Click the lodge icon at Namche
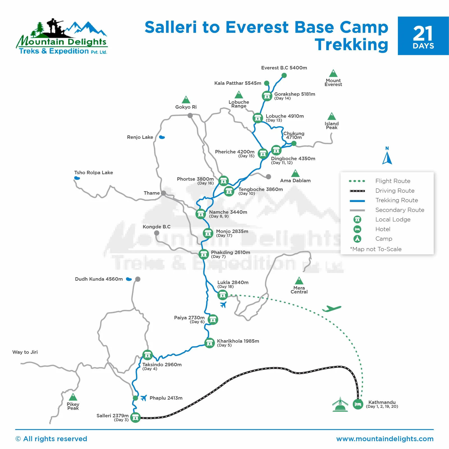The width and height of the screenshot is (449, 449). pyautogui.click(x=201, y=214)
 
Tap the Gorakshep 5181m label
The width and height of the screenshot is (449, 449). pyautogui.click(x=294, y=94)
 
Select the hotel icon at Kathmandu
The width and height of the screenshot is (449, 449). pyautogui.click(x=358, y=404)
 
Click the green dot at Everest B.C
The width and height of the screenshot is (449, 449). pyautogui.click(x=284, y=75)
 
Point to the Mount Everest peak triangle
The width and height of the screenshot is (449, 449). pyautogui.click(x=333, y=74)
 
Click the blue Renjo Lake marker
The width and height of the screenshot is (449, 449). pyautogui.click(x=162, y=137)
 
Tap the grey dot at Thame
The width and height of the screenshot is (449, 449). pyautogui.click(x=163, y=193)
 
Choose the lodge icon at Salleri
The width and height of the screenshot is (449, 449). pyautogui.click(x=136, y=418)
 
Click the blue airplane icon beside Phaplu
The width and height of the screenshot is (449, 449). pyautogui.click(x=144, y=398)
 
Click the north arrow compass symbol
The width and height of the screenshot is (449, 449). pyautogui.click(x=387, y=158)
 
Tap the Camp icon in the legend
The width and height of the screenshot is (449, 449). pyautogui.click(x=357, y=239)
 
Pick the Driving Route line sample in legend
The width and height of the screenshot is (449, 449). pyautogui.click(x=357, y=191)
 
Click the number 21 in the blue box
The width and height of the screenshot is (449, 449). pyautogui.click(x=423, y=34)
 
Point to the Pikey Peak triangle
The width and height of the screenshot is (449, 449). pyautogui.click(x=73, y=397)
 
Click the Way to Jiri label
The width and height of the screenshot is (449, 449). pyautogui.click(x=25, y=352)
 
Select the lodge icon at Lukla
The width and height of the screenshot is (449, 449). pyautogui.click(x=223, y=295)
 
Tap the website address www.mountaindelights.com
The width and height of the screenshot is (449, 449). pyautogui.click(x=385, y=439)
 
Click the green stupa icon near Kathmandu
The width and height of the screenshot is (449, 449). pyautogui.click(x=340, y=405)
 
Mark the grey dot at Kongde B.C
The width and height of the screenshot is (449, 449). pyautogui.click(x=157, y=233)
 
